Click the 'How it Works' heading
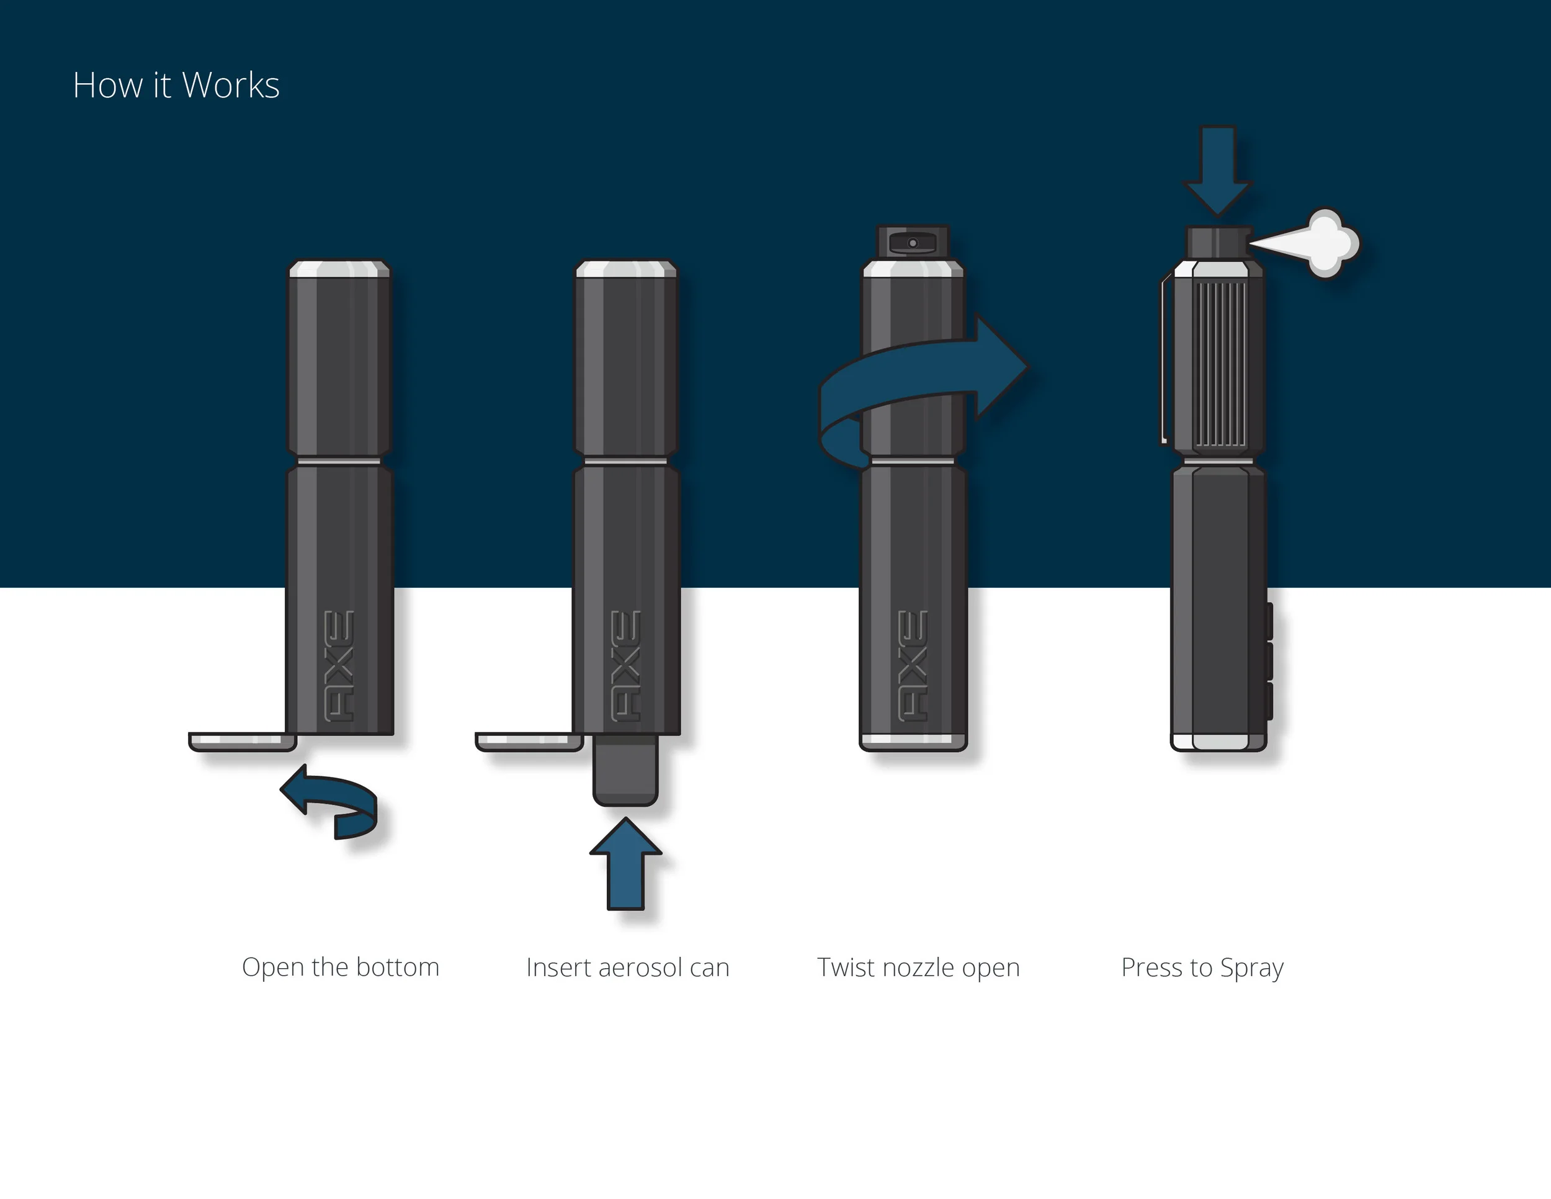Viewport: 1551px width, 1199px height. pos(176,85)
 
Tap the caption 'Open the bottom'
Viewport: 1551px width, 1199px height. pos(340,968)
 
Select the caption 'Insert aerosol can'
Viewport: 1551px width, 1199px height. pos(627,968)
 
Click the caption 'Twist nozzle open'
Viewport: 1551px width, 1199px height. pos(918,968)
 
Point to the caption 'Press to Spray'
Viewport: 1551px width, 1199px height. pos(1202,968)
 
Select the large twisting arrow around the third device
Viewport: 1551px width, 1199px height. pos(923,377)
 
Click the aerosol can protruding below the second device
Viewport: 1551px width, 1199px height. pos(625,771)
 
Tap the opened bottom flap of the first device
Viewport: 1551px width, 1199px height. pos(241,742)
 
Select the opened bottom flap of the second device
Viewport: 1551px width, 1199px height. pos(529,742)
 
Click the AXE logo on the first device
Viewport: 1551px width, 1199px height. pos(339,665)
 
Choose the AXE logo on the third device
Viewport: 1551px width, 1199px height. pos(913,665)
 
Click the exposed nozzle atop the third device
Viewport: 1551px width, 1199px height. pos(913,242)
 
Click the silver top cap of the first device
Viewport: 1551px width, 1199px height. pos(339,269)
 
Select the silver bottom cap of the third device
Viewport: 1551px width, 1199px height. pos(913,740)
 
